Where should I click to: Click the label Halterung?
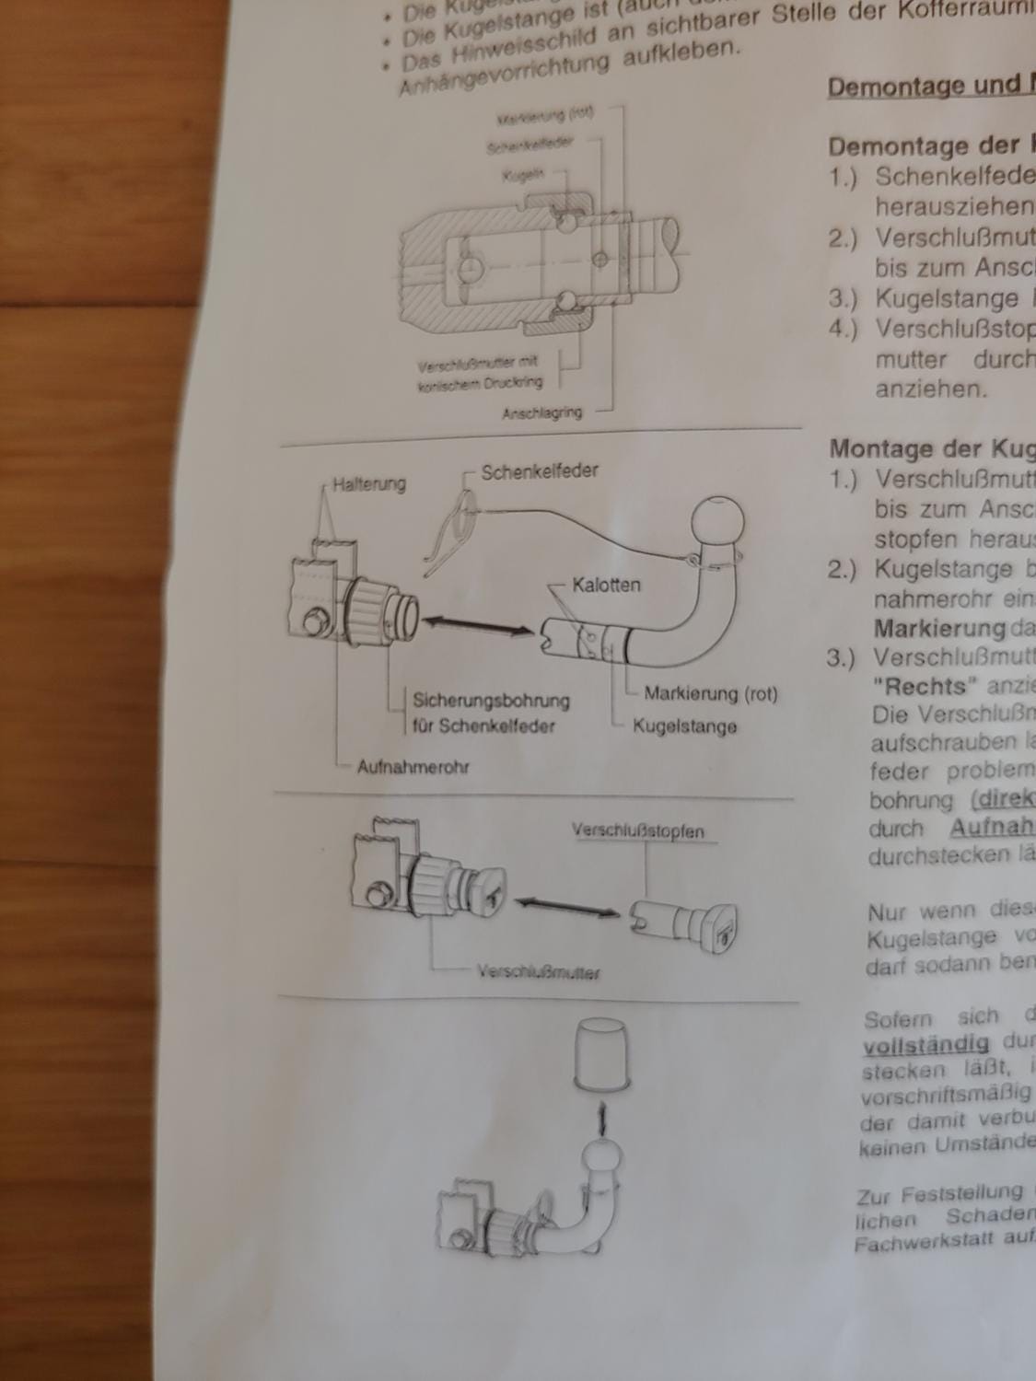click(x=368, y=483)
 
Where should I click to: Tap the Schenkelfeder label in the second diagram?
click(x=540, y=471)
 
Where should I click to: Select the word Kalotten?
click(x=606, y=585)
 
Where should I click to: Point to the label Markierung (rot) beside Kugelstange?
click(x=710, y=693)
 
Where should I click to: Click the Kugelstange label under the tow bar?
click(x=684, y=726)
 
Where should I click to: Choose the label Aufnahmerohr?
click(x=413, y=767)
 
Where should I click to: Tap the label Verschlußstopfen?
click(x=638, y=831)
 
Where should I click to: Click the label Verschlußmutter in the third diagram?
click(x=538, y=972)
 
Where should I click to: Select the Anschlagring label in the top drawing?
click(x=541, y=413)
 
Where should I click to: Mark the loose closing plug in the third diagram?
click(x=688, y=923)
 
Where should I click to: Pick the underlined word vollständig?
click(x=926, y=1045)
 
